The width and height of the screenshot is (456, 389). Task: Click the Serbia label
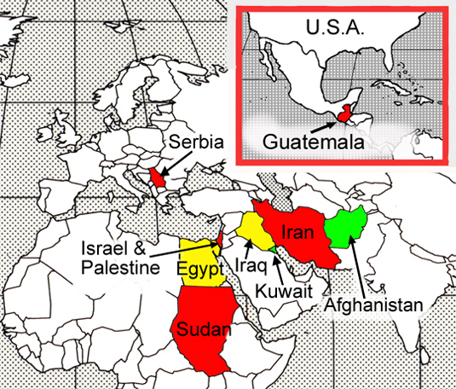(199, 143)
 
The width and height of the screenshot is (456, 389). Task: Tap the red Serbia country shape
(155, 177)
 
